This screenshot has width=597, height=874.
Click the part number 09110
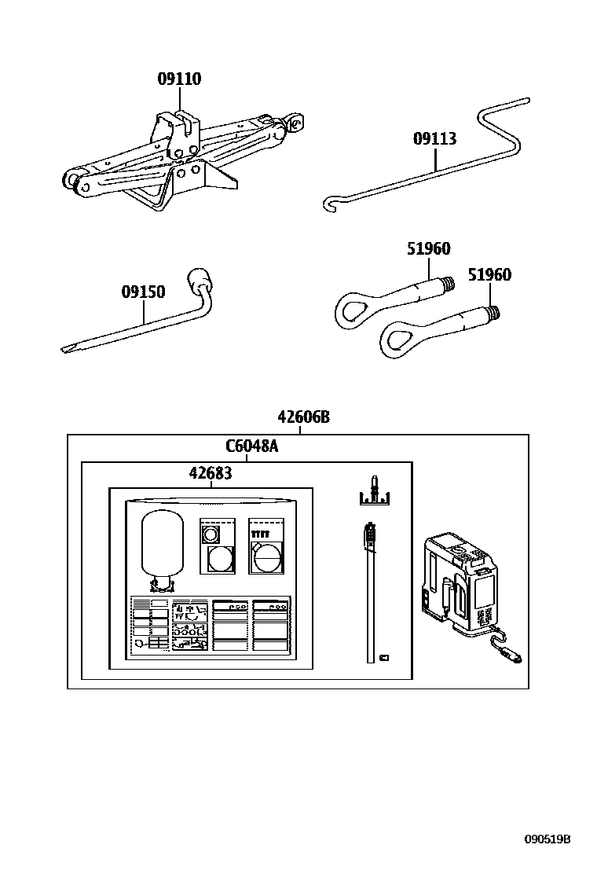click(x=179, y=79)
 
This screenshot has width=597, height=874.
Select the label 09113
click(x=434, y=139)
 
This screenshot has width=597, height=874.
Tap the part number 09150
click(x=143, y=292)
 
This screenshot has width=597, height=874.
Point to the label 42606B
click(x=303, y=417)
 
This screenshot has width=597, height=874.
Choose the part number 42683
click(x=211, y=472)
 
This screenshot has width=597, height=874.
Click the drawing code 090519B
click(x=548, y=839)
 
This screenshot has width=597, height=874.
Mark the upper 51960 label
click(x=428, y=248)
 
